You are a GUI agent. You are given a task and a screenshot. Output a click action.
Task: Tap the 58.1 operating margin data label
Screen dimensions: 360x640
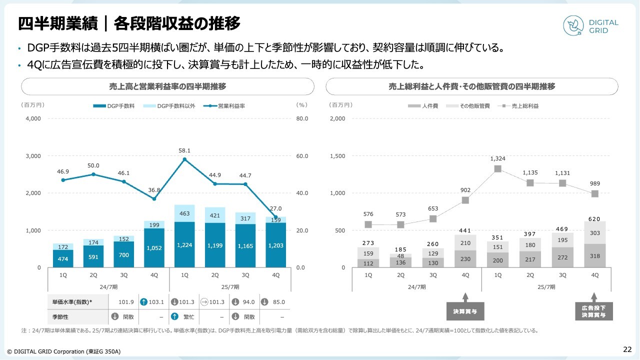pos(185,150)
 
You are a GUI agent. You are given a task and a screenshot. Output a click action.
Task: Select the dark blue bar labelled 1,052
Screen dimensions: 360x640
pos(154,247)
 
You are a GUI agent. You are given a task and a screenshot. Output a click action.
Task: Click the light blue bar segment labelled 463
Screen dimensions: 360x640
pos(184,213)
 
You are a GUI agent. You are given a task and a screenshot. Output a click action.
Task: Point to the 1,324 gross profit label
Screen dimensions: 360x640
pos(497,158)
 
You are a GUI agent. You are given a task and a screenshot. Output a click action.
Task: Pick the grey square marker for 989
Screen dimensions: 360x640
pos(594,193)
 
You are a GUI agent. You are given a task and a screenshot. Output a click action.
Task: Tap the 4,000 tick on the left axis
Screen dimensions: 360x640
pos(33,119)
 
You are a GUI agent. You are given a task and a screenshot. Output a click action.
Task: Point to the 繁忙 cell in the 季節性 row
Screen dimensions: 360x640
pos(184,317)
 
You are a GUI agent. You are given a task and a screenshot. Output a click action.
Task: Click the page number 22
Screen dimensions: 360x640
pos(627,349)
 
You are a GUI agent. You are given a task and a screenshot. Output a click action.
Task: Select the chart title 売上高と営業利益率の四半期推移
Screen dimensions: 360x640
pos(167,86)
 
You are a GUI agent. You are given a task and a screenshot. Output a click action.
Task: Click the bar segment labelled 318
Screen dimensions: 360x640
pos(594,255)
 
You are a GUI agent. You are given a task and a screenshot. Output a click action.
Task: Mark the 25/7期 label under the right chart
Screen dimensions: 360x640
pos(545,287)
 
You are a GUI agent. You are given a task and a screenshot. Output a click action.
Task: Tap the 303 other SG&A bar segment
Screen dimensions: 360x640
pos(594,233)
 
